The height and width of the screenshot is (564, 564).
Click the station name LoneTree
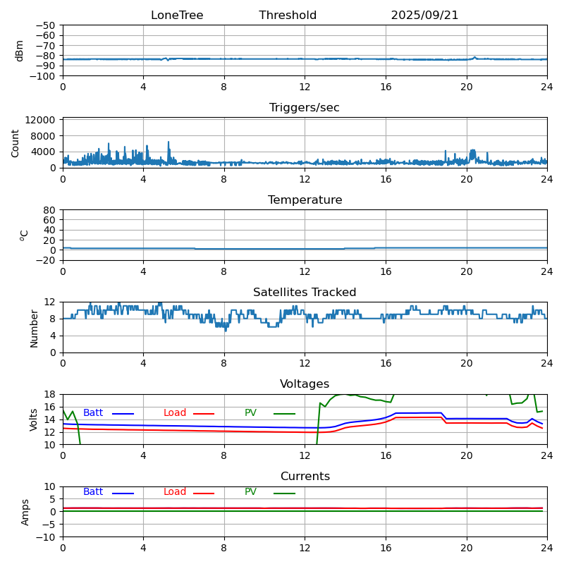[177, 16]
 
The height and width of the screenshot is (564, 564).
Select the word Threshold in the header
[288, 16]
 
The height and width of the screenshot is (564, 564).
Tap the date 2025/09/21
[424, 16]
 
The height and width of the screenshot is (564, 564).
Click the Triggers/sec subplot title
[305, 108]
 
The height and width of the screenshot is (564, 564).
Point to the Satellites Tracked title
[305, 293]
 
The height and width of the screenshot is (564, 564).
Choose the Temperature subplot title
[305, 200]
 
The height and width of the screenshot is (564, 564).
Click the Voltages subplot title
[305, 384]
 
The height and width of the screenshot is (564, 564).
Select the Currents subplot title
[305, 477]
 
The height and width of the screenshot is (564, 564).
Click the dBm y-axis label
[20, 51]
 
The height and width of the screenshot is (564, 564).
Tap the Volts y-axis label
[34, 419]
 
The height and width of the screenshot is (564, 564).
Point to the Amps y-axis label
[25, 512]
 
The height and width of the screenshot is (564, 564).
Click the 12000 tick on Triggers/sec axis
[42, 121]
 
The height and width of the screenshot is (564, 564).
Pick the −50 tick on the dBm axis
[45, 25]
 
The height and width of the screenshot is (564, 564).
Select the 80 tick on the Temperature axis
[50, 210]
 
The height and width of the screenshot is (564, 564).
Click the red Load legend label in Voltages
[175, 413]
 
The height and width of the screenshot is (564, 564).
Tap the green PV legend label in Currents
[250, 492]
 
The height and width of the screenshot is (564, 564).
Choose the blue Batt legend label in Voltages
[93, 413]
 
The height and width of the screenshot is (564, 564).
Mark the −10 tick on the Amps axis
[45, 537]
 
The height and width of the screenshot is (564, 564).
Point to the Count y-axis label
[16, 143]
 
